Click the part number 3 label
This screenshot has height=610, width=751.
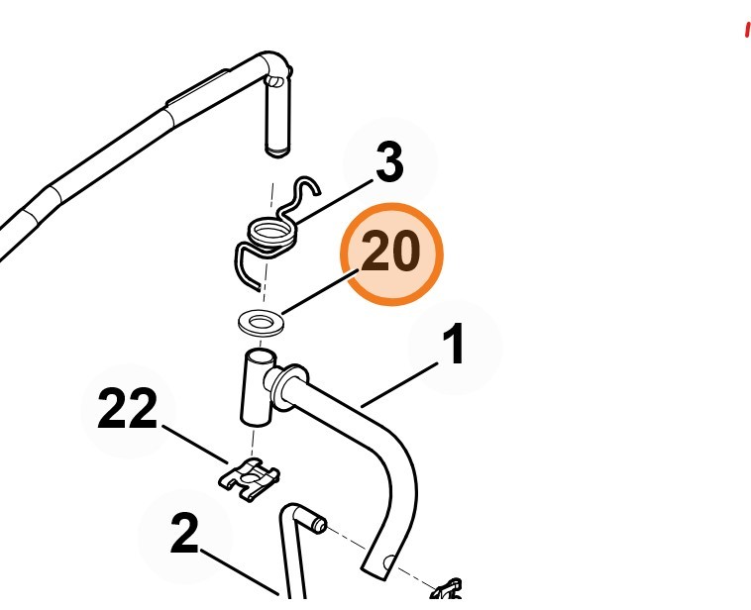pyautogui.click(x=389, y=161)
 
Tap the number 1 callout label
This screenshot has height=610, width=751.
pyautogui.click(x=453, y=344)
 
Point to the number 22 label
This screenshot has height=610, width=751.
pyautogui.click(x=128, y=408)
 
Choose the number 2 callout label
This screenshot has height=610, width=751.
pyautogui.click(x=184, y=534)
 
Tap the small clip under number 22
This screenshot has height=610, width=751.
pyautogui.click(x=250, y=479)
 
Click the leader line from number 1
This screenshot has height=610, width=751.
pyautogui.click(x=399, y=385)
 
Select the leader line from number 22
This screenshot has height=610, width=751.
pyautogui.click(x=195, y=444)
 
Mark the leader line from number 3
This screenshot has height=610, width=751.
pyautogui.click(x=334, y=202)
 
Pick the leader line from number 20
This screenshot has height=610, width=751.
pyautogui.click(x=320, y=292)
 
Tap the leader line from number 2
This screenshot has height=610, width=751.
pyautogui.click(x=240, y=572)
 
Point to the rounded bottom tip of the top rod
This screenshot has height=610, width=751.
pyautogui.click(x=277, y=152)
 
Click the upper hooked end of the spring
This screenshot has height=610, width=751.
pyautogui.click(x=306, y=187)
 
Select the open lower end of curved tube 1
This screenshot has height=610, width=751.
pyautogui.click(x=378, y=566)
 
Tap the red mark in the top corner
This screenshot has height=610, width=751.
pyautogui.click(x=747, y=30)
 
